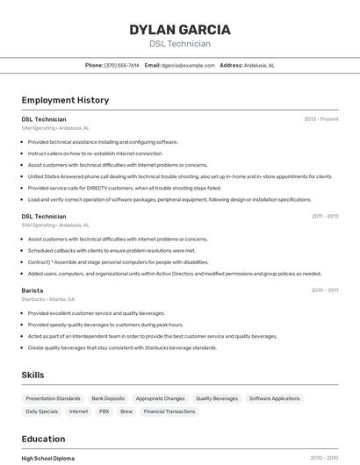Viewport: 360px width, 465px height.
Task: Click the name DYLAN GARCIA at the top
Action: (x=180, y=29)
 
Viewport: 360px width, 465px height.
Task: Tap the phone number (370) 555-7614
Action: (x=122, y=65)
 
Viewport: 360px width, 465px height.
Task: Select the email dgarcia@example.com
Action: (x=188, y=65)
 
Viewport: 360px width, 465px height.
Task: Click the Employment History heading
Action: (x=65, y=100)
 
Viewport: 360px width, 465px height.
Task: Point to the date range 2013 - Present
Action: (x=321, y=118)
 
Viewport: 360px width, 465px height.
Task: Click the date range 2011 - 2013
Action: (x=325, y=216)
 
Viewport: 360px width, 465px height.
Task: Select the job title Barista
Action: (x=32, y=290)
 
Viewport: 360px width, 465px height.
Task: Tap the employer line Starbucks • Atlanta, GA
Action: (x=48, y=299)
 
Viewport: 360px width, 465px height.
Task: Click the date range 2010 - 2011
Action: (x=325, y=290)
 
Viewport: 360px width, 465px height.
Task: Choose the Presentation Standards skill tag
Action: (x=53, y=398)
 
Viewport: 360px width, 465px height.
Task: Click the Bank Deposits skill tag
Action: (x=108, y=398)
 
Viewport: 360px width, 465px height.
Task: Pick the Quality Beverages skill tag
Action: (x=217, y=398)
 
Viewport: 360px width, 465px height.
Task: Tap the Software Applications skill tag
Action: (x=274, y=398)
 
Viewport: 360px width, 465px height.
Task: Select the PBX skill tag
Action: (x=104, y=411)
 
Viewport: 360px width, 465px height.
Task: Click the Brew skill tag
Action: (x=126, y=411)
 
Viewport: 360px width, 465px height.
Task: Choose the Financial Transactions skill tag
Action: (x=169, y=411)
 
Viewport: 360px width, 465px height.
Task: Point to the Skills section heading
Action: (x=32, y=375)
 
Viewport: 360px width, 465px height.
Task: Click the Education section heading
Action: (x=43, y=439)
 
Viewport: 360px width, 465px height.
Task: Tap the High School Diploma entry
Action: (x=48, y=458)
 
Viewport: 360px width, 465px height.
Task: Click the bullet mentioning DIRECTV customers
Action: (x=125, y=188)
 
